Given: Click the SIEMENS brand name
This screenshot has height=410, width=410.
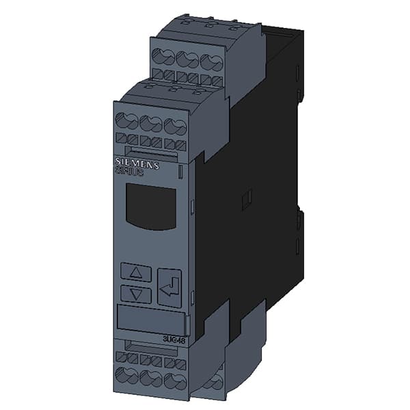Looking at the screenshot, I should (x=137, y=165).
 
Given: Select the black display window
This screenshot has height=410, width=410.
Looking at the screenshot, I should (x=150, y=206).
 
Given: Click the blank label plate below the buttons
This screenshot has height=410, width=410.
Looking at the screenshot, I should (x=150, y=320).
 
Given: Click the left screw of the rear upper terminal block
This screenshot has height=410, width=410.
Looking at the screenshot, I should (x=163, y=56).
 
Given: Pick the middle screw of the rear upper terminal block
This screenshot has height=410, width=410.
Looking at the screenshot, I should (x=187, y=59).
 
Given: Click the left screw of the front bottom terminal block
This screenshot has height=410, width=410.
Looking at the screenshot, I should (x=127, y=374).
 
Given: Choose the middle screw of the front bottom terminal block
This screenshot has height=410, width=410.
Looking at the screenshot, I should (x=151, y=379).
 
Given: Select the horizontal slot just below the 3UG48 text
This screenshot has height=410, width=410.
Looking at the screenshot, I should (x=150, y=346).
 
